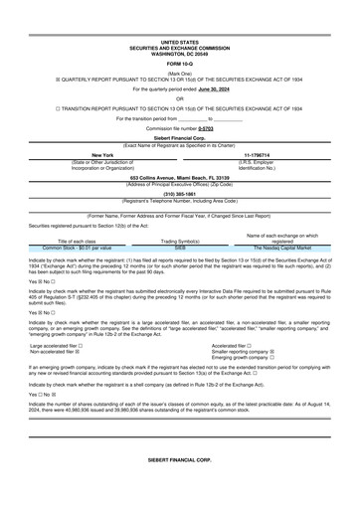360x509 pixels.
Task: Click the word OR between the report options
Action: [x=179, y=97]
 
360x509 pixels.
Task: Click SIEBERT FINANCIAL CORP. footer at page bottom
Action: [x=179, y=490]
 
